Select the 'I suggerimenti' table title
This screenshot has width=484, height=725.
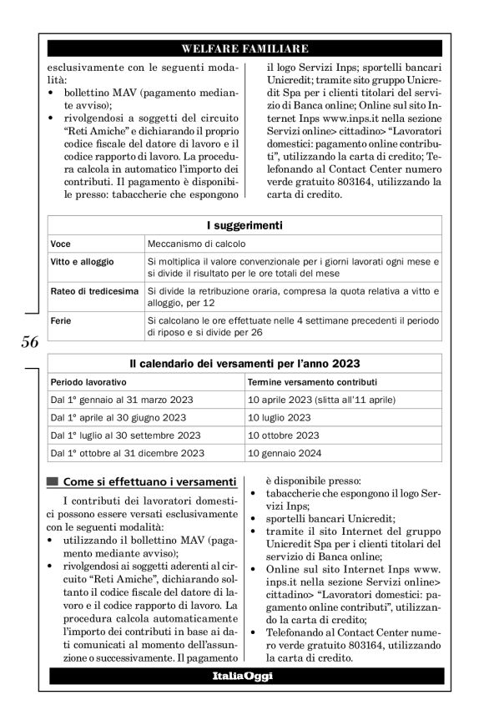pyautogui.click(x=245, y=225)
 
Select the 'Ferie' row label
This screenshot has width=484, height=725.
pyautogui.click(x=60, y=320)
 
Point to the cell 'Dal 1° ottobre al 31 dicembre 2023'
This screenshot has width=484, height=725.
pyautogui.click(x=128, y=454)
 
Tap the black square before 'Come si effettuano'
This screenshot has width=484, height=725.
pyautogui.click(x=54, y=481)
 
